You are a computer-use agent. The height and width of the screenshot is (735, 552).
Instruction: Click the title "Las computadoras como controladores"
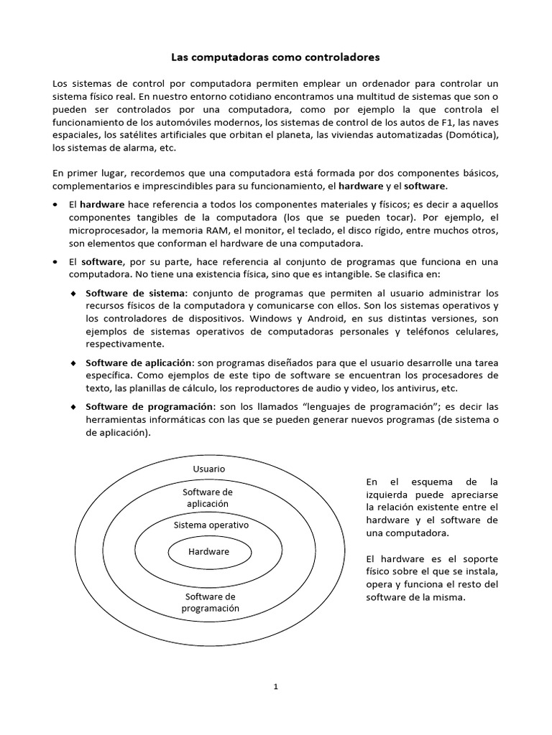click(x=276, y=55)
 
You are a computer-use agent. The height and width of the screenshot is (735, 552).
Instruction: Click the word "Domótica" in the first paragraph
click(x=472, y=135)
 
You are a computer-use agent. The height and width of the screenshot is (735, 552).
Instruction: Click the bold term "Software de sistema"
click(x=135, y=293)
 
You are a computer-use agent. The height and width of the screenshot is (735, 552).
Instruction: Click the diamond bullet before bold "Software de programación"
click(x=74, y=408)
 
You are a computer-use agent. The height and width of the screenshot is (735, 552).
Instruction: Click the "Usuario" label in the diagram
click(x=208, y=469)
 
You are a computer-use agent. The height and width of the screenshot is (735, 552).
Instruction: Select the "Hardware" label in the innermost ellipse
click(x=208, y=552)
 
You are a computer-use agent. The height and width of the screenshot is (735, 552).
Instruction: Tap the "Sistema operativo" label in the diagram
click(x=211, y=525)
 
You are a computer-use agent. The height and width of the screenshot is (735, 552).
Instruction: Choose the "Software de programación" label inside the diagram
click(x=210, y=603)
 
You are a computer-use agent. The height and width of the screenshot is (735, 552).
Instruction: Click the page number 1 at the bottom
click(x=276, y=686)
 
